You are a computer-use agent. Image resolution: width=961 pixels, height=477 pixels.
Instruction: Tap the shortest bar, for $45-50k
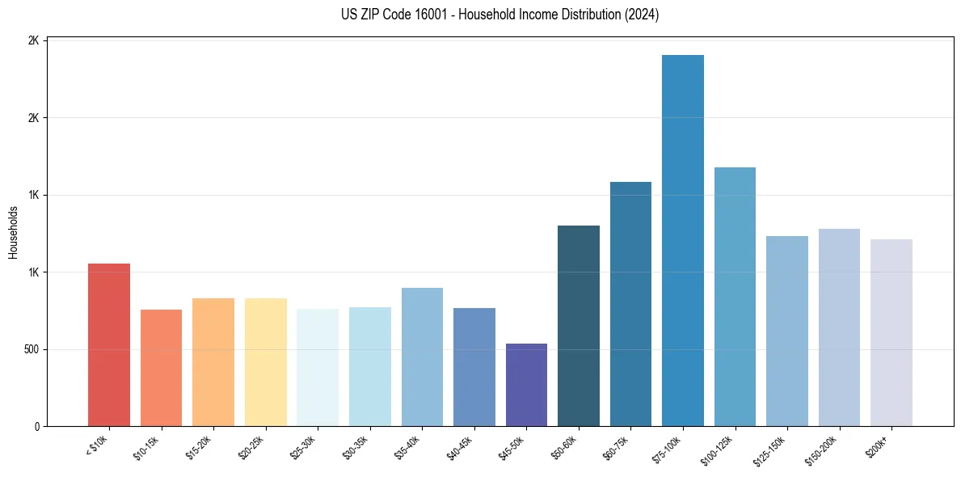526,385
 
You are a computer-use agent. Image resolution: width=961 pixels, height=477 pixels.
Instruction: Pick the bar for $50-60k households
579,326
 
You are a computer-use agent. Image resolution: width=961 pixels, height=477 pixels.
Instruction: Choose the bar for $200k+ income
891,332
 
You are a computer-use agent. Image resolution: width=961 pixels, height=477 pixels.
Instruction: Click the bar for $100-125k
735,297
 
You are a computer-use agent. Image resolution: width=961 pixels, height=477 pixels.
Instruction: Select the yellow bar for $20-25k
265,362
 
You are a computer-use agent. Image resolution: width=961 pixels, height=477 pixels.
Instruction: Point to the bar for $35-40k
422,357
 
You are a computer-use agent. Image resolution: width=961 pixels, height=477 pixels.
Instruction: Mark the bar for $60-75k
630,304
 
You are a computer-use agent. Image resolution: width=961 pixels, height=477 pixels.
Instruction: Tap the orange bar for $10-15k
161,368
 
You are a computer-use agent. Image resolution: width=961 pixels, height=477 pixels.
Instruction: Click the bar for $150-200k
839,327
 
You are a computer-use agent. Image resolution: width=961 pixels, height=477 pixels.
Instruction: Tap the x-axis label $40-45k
458,447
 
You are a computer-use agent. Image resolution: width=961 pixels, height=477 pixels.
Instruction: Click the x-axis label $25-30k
302,447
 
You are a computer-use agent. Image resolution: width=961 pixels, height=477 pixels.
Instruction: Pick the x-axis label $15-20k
198,447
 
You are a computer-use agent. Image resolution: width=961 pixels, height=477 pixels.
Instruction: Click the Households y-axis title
13,233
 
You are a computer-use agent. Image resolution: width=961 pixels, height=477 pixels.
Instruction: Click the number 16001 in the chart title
432,15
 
